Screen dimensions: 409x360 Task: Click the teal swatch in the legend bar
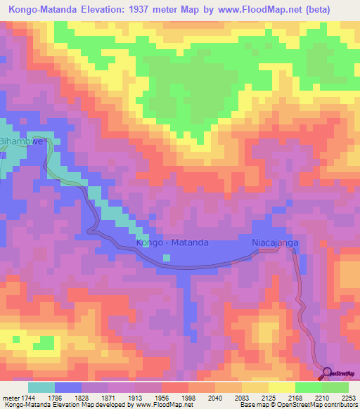[41, 387]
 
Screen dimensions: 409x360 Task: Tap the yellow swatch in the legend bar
[281, 387]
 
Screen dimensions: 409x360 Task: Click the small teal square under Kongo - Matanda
[167, 257]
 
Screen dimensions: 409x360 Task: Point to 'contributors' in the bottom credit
[339, 405]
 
